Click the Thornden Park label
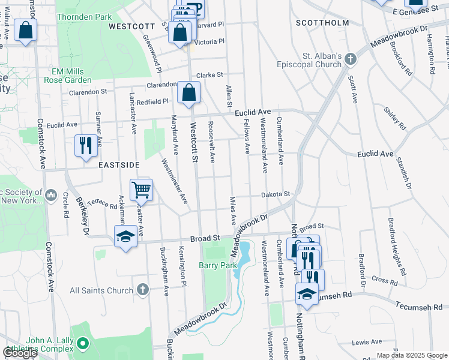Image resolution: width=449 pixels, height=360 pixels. tap(85, 18)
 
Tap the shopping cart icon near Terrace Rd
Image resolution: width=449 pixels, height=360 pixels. tap(141, 190)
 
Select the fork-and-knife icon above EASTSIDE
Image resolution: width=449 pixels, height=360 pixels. tap(85, 145)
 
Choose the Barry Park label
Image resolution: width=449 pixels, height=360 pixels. tap(215, 265)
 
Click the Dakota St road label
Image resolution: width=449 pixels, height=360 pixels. tap(275, 194)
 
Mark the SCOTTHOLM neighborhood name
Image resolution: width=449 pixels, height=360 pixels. tap(322, 23)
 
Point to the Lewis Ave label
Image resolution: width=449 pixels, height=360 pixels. tap(367, 342)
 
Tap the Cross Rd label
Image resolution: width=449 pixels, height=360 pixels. tap(385, 280)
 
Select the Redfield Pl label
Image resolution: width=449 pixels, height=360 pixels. tap(152, 103)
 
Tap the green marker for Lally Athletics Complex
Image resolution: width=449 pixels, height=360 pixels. tap(83, 344)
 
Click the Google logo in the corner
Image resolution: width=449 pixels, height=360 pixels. tap(20, 353)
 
